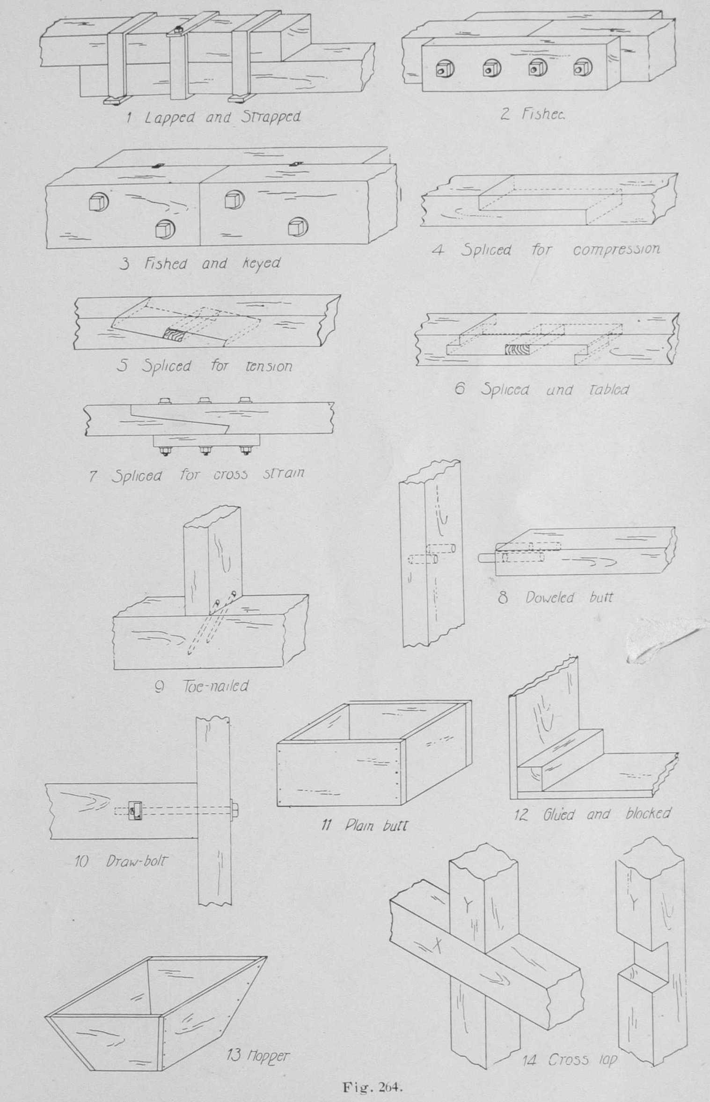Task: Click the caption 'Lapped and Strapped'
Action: (222, 117)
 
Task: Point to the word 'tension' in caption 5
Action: (269, 366)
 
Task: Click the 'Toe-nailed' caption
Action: (215, 686)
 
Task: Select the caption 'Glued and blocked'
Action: (607, 815)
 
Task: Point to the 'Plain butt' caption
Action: (376, 825)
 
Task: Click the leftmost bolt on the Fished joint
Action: (444, 70)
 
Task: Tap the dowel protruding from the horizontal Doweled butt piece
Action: (487, 558)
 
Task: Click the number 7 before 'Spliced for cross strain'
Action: (93, 477)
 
